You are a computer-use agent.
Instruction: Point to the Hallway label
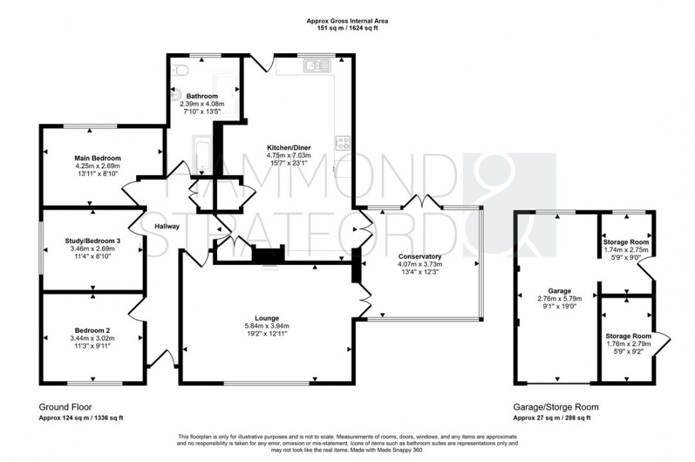coord(167,226)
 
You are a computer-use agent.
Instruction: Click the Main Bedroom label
coord(98,157)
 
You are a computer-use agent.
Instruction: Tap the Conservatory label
coord(420,257)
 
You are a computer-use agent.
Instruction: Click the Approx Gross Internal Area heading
coord(347,21)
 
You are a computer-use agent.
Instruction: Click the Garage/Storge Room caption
coord(555,407)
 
